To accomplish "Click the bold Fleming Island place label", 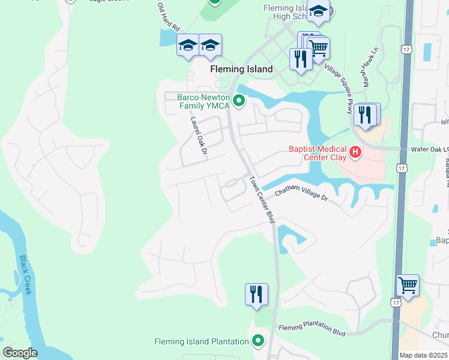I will (x=241, y=69).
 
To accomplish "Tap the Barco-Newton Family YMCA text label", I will (x=203, y=101).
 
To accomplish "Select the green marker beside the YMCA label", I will (x=239, y=100).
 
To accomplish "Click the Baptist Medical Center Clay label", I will (x=318, y=153).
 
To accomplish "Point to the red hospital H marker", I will (x=355, y=152).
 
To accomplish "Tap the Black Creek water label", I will (x=25, y=275).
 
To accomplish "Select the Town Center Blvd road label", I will (x=262, y=200).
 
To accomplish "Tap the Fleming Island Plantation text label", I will (x=202, y=341).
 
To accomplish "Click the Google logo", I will (x=20, y=353).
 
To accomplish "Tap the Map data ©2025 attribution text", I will (x=423, y=355).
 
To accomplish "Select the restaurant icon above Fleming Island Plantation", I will (x=256, y=294).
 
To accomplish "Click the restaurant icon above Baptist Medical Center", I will (x=365, y=113).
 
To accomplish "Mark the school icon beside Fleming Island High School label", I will (x=318, y=11).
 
